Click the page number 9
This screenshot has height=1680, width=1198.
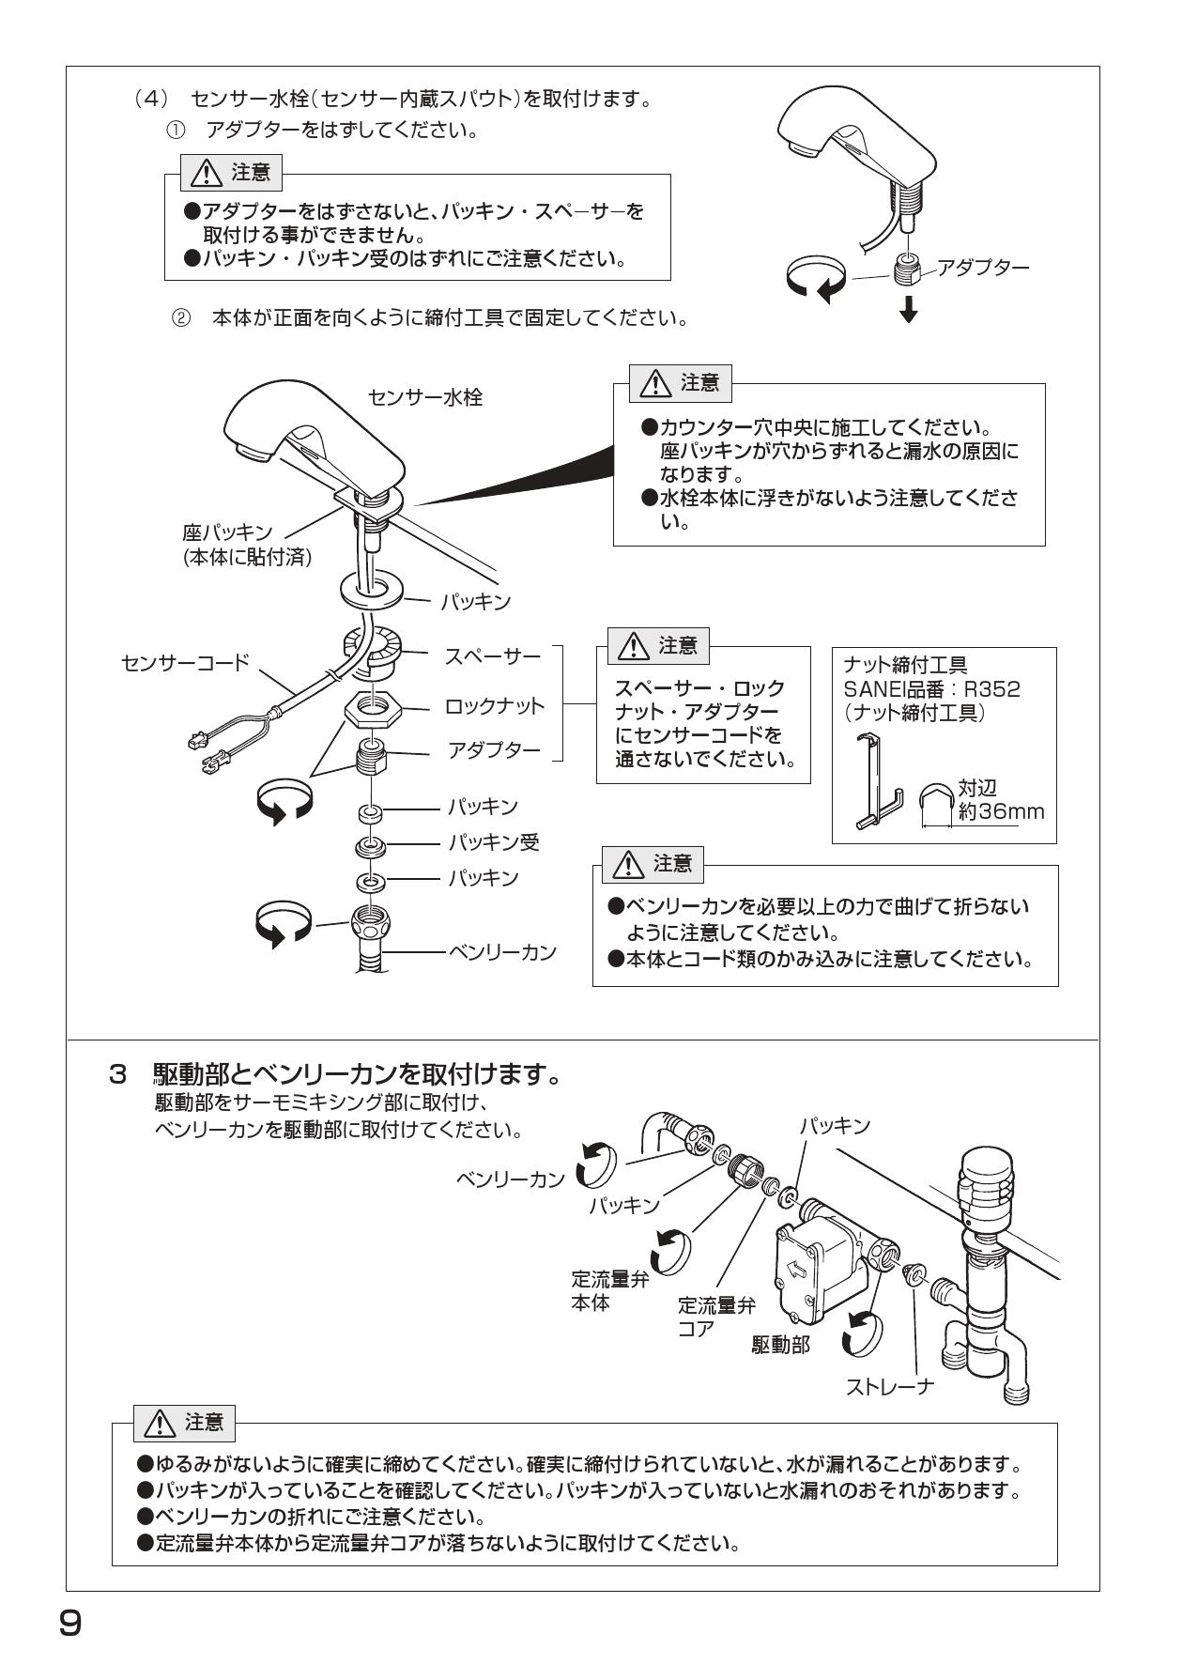coord(69,1622)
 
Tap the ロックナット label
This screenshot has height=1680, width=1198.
coord(493,706)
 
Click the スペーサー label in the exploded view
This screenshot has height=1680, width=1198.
coord(492,655)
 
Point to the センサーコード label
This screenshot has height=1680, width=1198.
coord(185,663)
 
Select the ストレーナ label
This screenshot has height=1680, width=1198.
coord(889,1386)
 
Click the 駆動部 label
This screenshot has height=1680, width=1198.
coord(780,1345)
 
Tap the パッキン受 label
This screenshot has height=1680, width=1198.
coord(493,842)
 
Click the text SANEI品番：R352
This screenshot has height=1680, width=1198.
coord(931,689)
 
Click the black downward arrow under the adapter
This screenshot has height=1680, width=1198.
coord(908,310)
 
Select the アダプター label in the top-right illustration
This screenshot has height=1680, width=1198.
coord(983,268)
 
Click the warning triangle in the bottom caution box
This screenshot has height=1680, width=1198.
coord(157,1423)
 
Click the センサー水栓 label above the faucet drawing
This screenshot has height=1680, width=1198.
coord(425,397)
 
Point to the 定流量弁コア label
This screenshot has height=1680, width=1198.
coord(715,1317)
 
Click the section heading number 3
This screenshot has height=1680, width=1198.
coord(117,1073)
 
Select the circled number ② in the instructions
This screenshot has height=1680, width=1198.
coord(179,318)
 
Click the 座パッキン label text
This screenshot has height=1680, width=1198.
coord(227,532)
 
